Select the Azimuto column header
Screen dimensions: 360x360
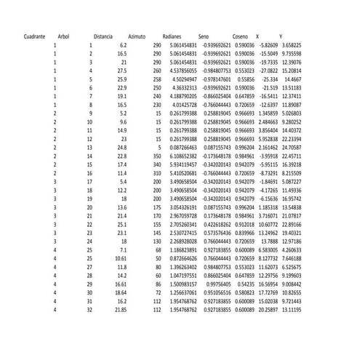coord(137,36)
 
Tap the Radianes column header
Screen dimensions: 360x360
coord(172,36)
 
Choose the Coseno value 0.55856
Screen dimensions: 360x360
coord(244,79)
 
